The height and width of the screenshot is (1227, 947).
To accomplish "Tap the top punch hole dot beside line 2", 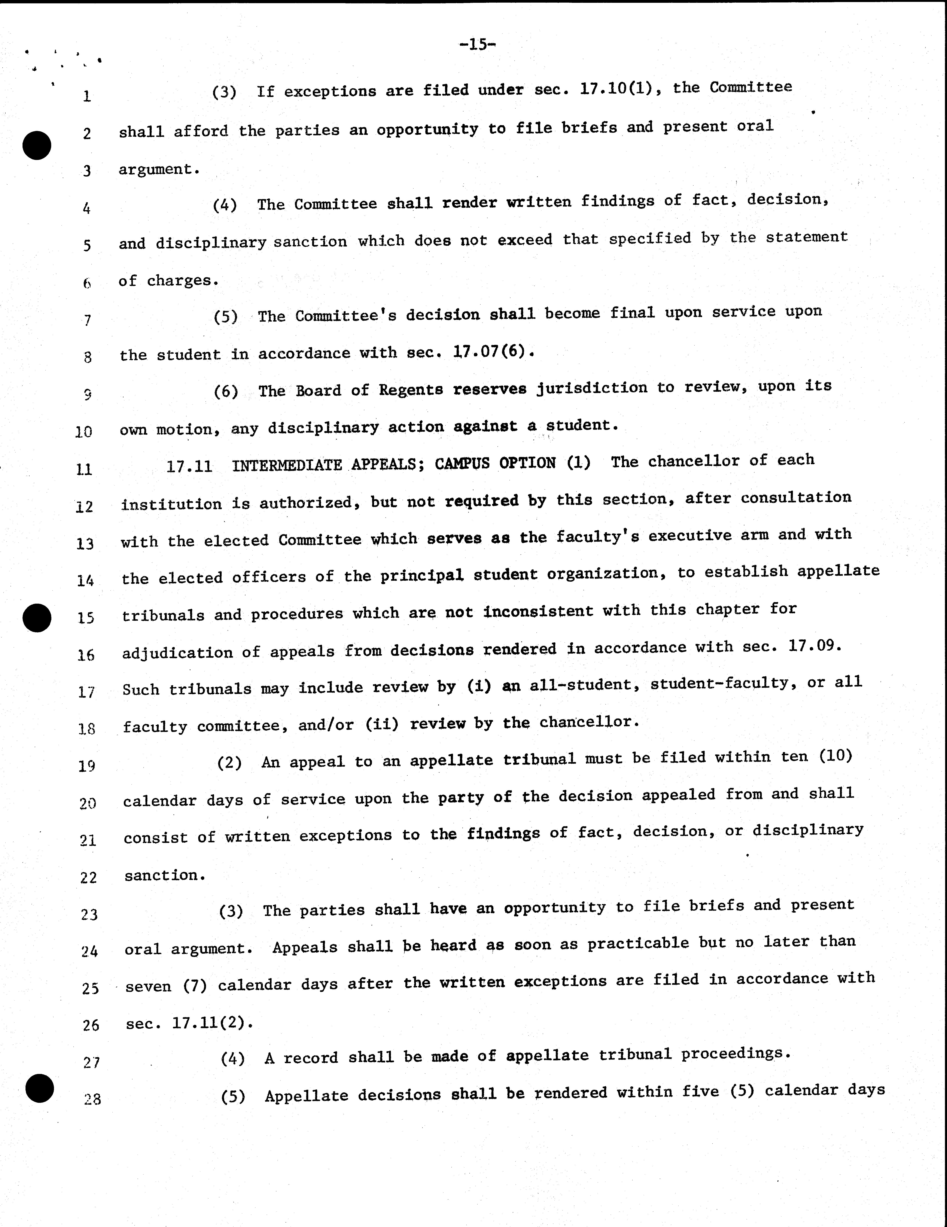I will point(37,145).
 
